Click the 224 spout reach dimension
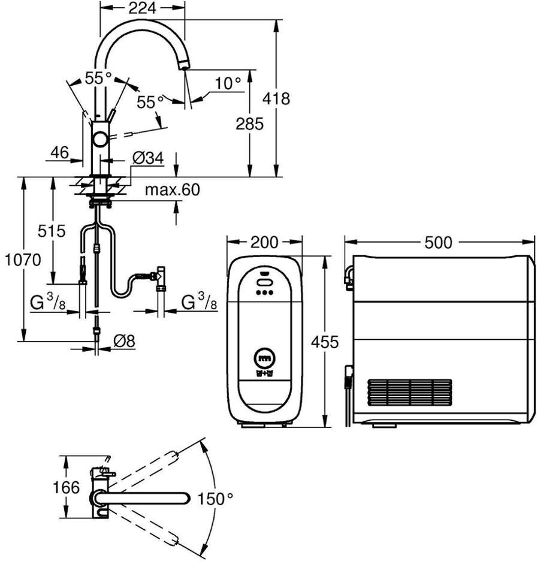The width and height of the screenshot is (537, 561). click(142, 8)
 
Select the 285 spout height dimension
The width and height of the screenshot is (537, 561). click(250, 124)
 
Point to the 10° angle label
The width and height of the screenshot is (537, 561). click(227, 83)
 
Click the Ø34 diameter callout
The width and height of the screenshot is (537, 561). click(147, 158)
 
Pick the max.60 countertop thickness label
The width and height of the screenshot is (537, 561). click(172, 190)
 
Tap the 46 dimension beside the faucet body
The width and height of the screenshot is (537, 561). click(59, 152)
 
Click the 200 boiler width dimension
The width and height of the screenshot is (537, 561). click(264, 242)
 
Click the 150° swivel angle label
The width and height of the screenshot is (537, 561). click(216, 497)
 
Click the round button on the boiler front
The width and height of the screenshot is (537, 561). click(264, 358)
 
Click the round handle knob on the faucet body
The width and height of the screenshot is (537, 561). click(101, 140)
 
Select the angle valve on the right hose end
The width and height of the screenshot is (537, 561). click(161, 276)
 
